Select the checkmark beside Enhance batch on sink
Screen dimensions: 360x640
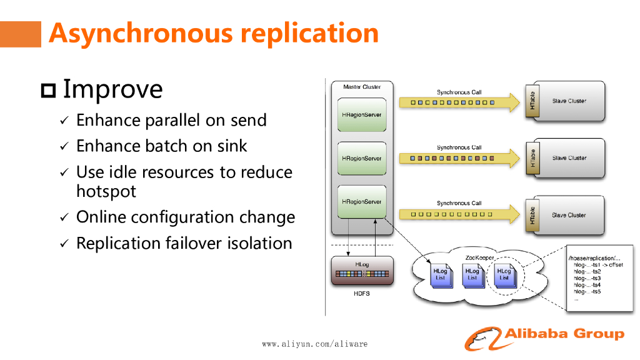point(64,147)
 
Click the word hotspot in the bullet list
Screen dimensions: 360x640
point(106,191)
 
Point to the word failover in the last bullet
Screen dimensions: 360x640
point(200,243)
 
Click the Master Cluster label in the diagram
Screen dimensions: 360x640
point(361,87)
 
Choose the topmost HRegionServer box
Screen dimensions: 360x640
point(362,114)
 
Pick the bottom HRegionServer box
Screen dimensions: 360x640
point(362,202)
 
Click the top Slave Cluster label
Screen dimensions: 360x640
point(569,101)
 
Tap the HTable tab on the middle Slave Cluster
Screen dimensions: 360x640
point(532,158)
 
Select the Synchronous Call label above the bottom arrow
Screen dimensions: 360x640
point(459,203)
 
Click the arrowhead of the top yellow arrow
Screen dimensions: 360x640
point(514,102)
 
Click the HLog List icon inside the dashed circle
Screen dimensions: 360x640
point(504,275)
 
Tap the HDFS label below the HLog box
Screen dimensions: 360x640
point(361,294)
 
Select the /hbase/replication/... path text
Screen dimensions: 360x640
point(594,258)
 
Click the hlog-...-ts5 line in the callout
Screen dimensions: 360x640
point(587,291)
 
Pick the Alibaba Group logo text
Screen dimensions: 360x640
point(564,334)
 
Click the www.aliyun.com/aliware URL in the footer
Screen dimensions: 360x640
point(314,344)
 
